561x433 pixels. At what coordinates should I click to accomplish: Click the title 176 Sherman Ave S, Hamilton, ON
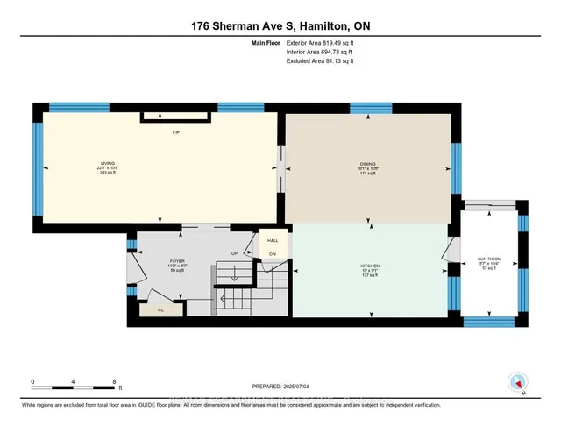[280, 25]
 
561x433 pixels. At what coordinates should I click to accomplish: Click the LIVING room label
[108, 164]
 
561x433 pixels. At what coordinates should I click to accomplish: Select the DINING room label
[366, 164]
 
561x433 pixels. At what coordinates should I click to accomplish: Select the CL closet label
[162, 309]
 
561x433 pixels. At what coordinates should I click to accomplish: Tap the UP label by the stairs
[234, 254]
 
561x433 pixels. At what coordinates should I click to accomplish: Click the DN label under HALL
[272, 254]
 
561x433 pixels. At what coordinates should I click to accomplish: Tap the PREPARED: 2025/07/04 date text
[280, 387]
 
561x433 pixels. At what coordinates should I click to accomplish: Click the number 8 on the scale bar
[115, 382]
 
